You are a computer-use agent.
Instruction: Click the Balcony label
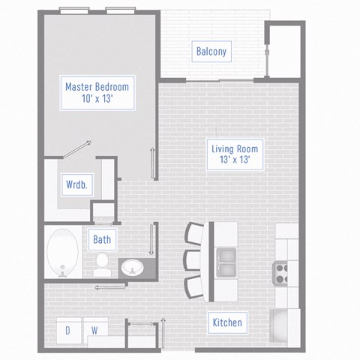(211, 52)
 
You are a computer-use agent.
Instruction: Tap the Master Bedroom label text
(97, 87)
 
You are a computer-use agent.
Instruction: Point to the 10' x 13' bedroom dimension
(97, 100)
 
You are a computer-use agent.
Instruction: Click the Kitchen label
(226, 322)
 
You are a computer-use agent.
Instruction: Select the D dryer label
(67, 330)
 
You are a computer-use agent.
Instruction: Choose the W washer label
(95, 330)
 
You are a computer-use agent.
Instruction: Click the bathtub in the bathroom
(61, 253)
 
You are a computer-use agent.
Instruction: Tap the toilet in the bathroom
(101, 263)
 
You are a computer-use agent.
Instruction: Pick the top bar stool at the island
(195, 234)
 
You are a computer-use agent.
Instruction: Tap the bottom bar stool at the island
(195, 286)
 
